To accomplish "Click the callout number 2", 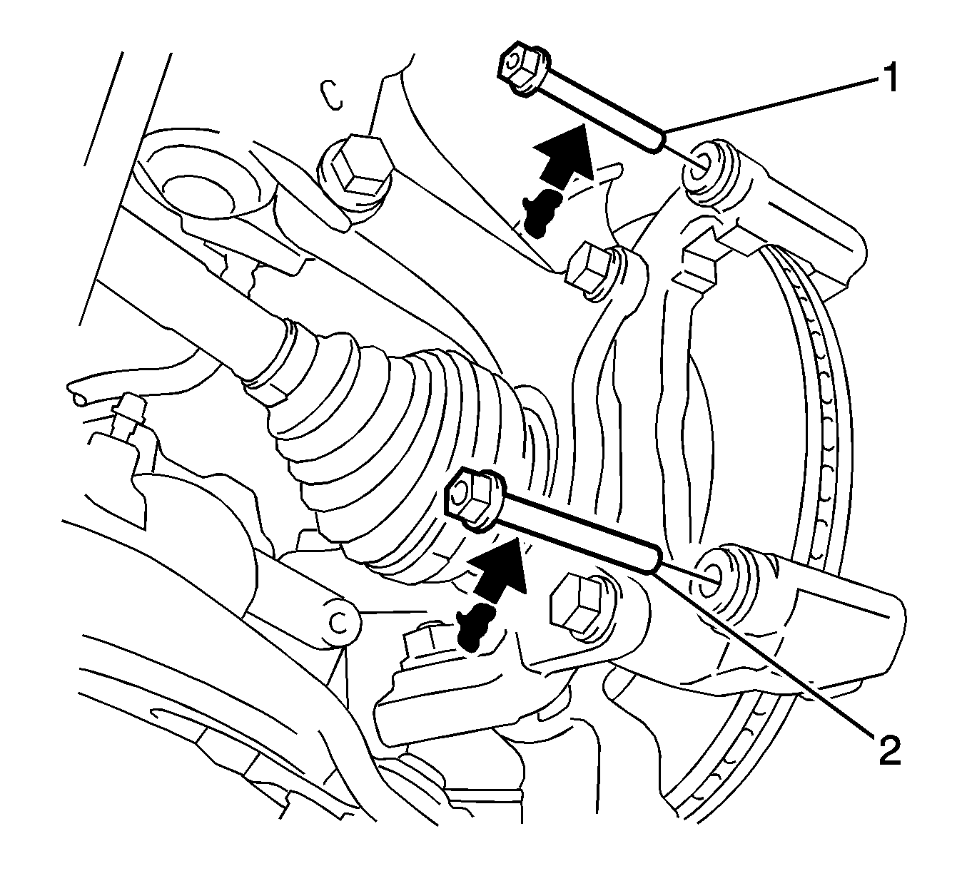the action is tap(889, 764).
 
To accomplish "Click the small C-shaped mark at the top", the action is tap(333, 95).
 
